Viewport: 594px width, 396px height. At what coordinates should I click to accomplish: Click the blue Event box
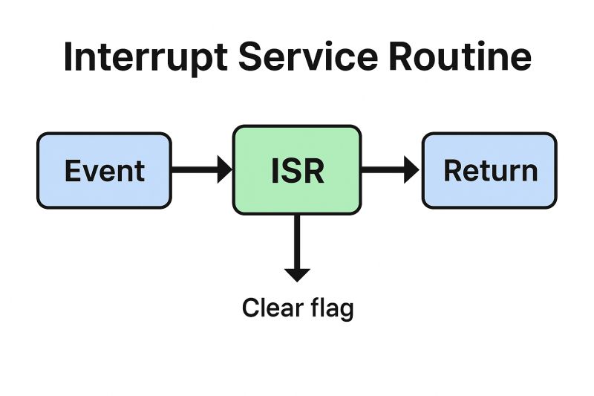104,170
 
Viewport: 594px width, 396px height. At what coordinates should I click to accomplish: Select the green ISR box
297,170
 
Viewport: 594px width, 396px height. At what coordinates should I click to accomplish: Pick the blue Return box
489,170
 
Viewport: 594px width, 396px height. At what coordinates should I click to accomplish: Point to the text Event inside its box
104,171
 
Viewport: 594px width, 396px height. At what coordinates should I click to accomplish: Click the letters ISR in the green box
297,171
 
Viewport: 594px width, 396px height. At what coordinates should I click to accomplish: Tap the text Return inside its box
490,171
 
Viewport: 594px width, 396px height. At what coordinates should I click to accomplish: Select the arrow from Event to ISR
197,170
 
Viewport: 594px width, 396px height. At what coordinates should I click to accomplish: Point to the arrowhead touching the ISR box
224,170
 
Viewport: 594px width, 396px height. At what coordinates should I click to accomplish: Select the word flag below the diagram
331,308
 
